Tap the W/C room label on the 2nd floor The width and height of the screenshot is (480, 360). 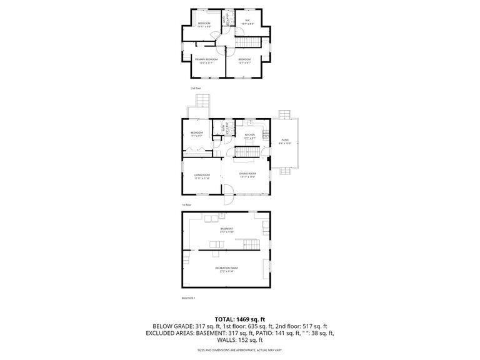coord(247,21)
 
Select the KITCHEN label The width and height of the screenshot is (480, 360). coord(249,136)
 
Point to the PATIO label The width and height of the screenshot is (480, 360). coord(284,141)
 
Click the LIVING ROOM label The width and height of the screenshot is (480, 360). coord(201,176)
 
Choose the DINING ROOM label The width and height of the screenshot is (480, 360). coord(247,174)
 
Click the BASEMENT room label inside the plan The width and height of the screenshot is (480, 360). coord(226,229)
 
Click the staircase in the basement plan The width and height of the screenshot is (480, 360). coord(251,243)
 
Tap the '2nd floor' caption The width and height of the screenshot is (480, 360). coord(198,89)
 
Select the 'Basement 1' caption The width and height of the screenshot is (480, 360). coord(189,298)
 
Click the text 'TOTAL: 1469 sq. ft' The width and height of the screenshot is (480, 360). coord(240,319)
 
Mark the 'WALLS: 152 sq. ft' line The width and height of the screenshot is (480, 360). coord(240,341)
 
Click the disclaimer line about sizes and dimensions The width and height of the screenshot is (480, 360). coord(240,351)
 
